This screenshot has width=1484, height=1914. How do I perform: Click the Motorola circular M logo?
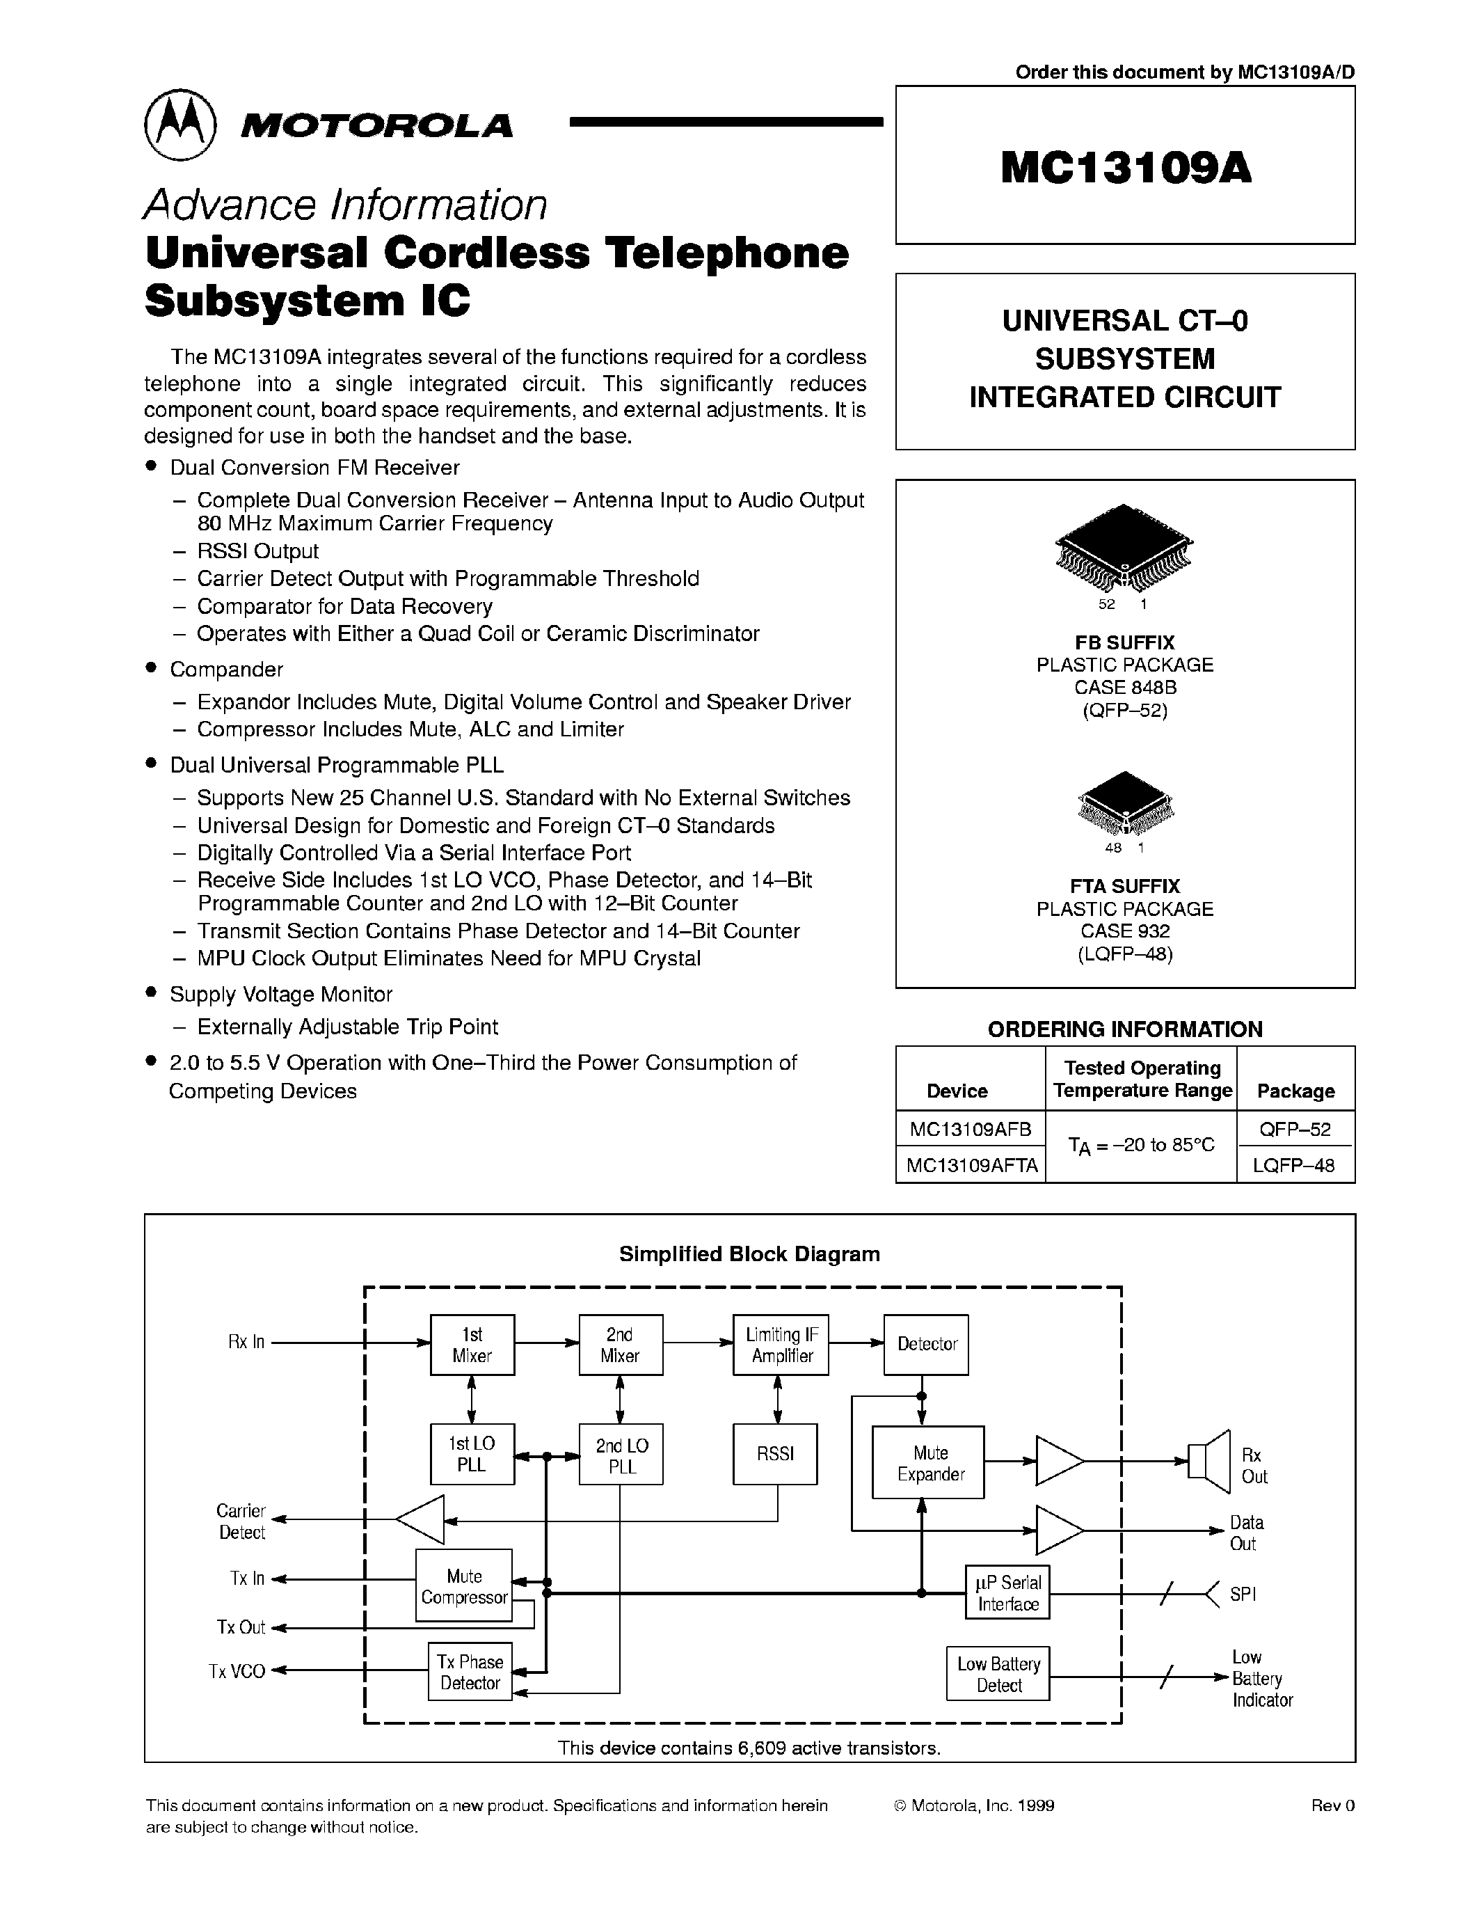point(179,125)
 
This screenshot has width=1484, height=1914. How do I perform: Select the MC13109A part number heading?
point(1126,167)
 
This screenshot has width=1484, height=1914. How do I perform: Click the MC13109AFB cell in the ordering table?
point(971,1129)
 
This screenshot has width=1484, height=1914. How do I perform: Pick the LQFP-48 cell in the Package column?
point(1295,1166)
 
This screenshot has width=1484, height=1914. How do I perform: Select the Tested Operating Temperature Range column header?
point(1142,1079)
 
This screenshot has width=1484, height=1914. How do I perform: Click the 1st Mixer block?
point(472,1345)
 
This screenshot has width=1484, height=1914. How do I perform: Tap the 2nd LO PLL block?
point(621,1455)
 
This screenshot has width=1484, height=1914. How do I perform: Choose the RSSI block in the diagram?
point(775,1454)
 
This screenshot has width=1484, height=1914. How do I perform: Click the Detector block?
point(927,1345)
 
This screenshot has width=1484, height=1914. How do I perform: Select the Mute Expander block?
point(929,1464)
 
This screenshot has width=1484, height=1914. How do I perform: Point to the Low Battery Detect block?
point(998,1674)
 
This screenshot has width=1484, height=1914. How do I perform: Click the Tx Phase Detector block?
point(470,1672)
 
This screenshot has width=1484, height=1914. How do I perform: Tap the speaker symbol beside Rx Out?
point(1209,1461)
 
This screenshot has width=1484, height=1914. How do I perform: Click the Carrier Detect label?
point(241,1521)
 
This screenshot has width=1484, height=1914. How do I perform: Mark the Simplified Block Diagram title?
point(749,1254)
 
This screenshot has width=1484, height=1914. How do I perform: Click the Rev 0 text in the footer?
point(1332,1805)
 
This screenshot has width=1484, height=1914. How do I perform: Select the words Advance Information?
point(345,205)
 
